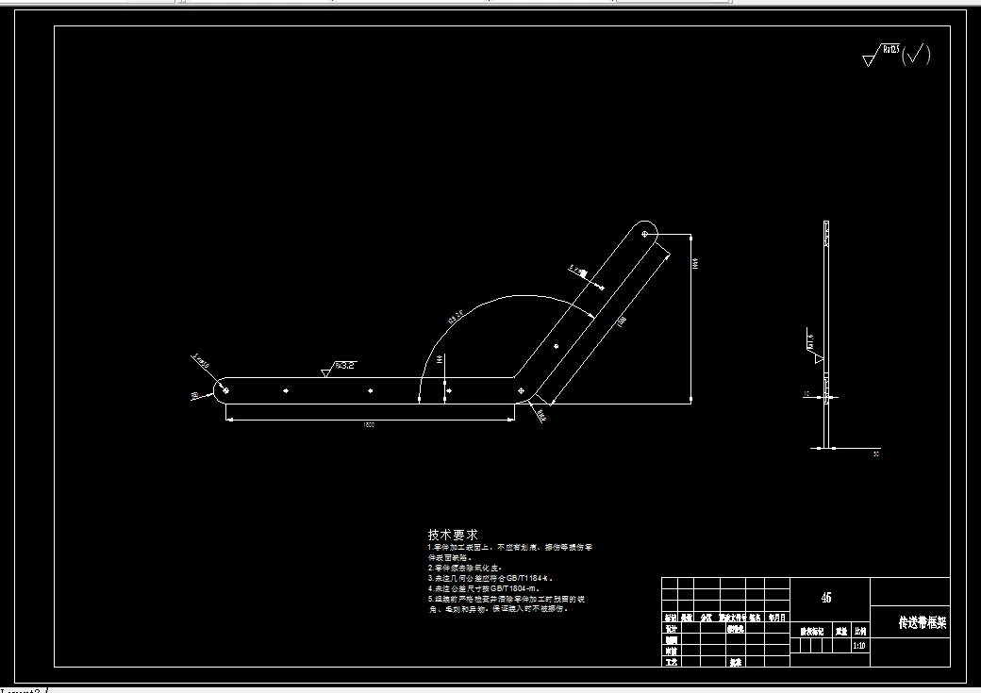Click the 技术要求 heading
pyautogui.click(x=453, y=535)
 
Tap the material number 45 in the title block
pyautogui.click(x=826, y=597)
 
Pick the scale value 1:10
pyautogui.click(x=859, y=647)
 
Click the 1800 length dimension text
pyautogui.click(x=369, y=425)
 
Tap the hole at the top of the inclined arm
pyautogui.click(x=645, y=232)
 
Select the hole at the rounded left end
pyautogui.click(x=224, y=388)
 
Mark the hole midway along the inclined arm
pyautogui.click(x=557, y=345)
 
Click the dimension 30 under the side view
pyautogui.click(x=875, y=454)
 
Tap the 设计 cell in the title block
pyautogui.click(x=671, y=628)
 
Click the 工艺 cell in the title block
pyautogui.click(x=671, y=662)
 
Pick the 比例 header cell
pyautogui.click(x=859, y=631)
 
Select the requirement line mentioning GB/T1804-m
pyautogui.click(x=487, y=587)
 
